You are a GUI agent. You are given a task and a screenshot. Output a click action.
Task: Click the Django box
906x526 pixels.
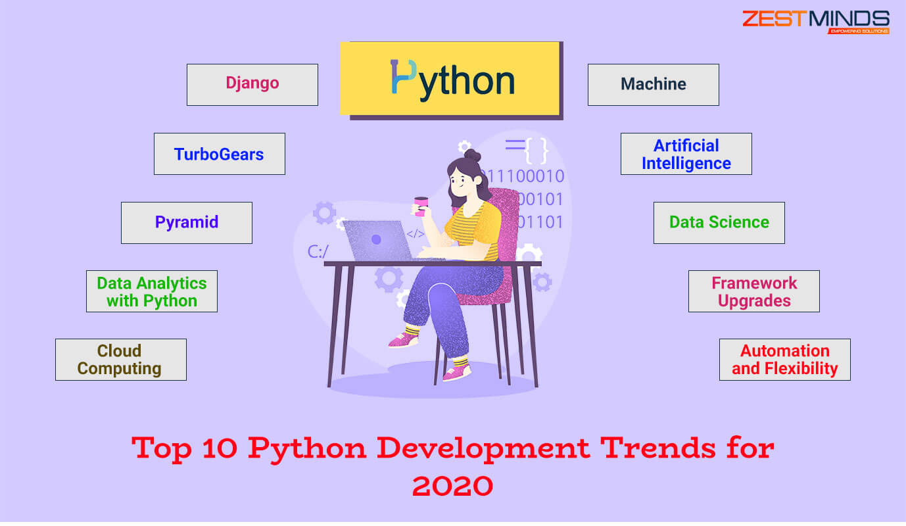(x=252, y=84)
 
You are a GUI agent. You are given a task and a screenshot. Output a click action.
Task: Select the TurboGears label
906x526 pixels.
(x=219, y=154)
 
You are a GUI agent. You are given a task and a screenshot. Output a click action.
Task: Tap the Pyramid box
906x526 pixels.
(x=187, y=222)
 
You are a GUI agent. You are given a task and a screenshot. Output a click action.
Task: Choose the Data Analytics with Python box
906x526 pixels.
(x=152, y=291)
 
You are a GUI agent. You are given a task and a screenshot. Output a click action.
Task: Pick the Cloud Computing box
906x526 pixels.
(x=120, y=360)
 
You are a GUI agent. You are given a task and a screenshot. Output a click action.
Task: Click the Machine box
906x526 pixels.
(x=653, y=84)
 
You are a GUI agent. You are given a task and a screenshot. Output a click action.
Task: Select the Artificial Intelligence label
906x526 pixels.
(x=686, y=154)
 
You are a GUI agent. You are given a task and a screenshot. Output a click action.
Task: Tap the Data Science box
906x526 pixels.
(x=719, y=222)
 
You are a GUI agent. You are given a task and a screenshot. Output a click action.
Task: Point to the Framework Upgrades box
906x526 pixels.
(x=753, y=291)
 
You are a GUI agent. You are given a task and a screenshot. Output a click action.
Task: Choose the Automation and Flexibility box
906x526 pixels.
(x=784, y=360)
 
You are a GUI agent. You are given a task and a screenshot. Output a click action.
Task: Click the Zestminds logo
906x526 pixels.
(x=816, y=22)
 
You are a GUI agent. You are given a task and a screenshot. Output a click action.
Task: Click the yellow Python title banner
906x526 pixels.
(x=450, y=79)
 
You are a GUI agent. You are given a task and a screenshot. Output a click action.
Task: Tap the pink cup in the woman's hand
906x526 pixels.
(x=420, y=206)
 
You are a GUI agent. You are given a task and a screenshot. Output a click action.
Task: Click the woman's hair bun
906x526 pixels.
(x=472, y=156)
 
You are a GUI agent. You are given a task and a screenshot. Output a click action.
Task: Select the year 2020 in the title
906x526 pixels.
(x=452, y=486)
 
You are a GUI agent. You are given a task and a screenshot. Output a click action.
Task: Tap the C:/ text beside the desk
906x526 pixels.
(x=318, y=251)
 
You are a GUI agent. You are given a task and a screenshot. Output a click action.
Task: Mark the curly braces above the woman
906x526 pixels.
(x=536, y=151)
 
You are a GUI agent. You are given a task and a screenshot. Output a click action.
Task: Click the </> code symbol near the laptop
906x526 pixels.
(x=416, y=233)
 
